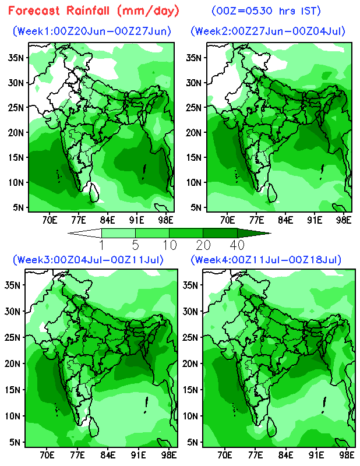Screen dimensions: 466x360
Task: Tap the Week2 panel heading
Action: coord(268,31)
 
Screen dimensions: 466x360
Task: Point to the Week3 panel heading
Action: coord(89,259)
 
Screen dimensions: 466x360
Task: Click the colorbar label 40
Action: coord(237,243)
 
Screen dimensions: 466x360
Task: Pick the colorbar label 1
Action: coord(101,243)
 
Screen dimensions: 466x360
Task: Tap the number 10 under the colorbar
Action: coord(169,243)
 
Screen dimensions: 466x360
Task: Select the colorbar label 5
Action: coord(135,243)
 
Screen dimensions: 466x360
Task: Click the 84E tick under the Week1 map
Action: coord(107,220)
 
